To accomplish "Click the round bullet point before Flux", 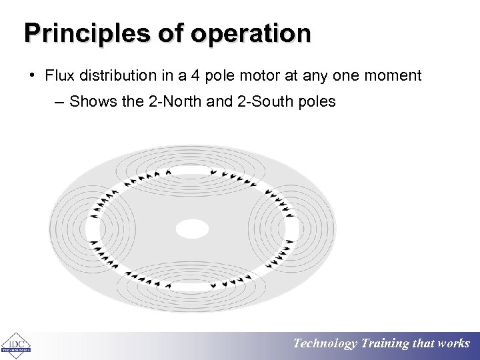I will point(32,75).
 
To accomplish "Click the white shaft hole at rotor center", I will point(192,229).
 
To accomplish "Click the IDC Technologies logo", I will point(15,345).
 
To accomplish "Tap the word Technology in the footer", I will point(325,343).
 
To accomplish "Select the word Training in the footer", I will point(385,343).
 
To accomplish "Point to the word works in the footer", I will point(454,343).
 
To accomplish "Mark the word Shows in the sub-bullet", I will point(90,102).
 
